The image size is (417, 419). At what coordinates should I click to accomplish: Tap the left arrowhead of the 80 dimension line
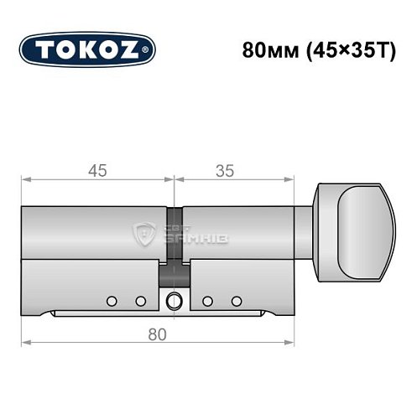click(x=25, y=344)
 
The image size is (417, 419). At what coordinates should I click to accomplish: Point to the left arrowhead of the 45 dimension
click(x=25, y=179)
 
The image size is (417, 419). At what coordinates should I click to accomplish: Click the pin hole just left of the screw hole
click(x=140, y=300)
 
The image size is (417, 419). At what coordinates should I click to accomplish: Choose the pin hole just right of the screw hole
click(x=207, y=300)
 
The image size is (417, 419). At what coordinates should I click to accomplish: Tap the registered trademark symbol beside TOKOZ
click(x=149, y=50)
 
